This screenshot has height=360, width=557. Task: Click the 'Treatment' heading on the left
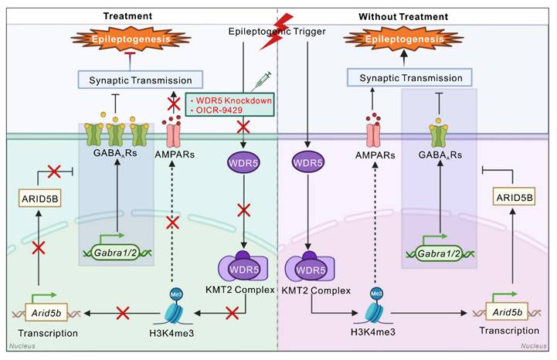pyautogui.click(x=127, y=15)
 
